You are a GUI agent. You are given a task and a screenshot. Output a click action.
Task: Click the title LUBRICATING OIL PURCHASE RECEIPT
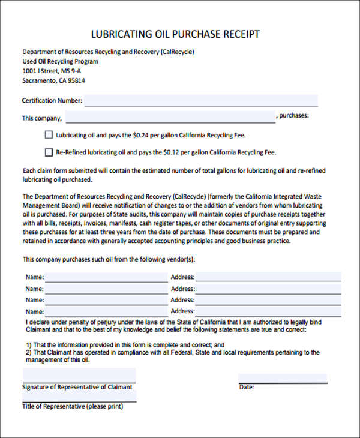(x=175, y=34)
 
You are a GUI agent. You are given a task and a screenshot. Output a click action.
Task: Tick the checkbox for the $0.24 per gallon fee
(x=49, y=135)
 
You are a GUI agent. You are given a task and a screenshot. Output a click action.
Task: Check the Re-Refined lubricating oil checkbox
(x=49, y=152)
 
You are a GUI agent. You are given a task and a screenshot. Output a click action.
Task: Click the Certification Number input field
(x=201, y=100)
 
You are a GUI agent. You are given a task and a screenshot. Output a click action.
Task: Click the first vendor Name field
(x=106, y=277)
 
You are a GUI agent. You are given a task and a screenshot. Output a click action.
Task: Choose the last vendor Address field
(x=268, y=311)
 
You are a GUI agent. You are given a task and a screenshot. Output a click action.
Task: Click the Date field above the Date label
(x=283, y=379)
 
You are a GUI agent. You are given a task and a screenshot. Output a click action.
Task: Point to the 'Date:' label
(x=247, y=388)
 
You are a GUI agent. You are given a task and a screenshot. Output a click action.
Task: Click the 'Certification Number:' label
(x=52, y=101)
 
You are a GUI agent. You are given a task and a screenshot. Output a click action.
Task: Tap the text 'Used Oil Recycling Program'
(x=60, y=61)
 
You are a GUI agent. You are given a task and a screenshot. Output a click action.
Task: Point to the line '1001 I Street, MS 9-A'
(x=52, y=71)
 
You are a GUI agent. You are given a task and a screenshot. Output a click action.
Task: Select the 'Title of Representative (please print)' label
(x=73, y=406)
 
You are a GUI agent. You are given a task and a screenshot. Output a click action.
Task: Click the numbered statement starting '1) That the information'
(x=125, y=345)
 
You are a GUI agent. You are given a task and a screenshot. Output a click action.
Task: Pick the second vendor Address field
(x=268, y=289)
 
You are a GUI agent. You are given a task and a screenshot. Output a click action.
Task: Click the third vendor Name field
(x=106, y=300)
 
